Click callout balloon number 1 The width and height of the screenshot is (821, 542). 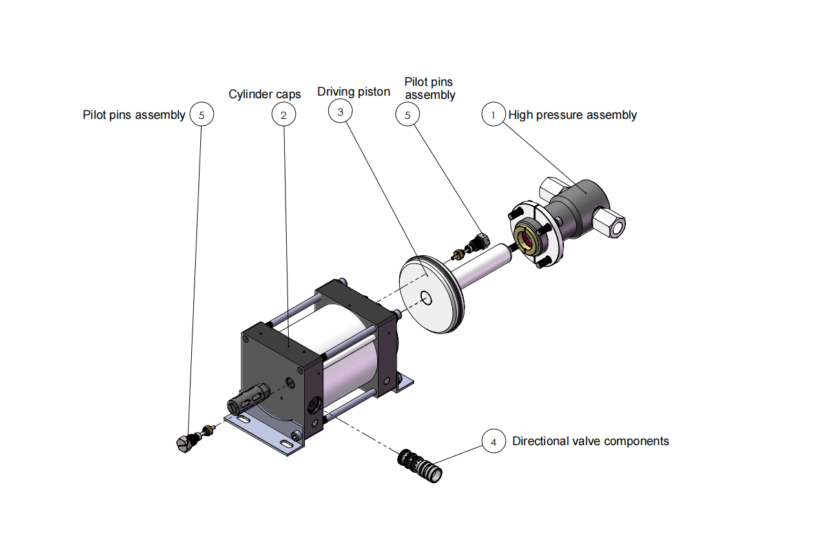[x=494, y=114]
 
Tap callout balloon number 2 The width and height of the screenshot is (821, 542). [x=284, y=114]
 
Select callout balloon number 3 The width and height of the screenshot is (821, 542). [x=340, y=111]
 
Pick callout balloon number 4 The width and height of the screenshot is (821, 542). [x=494, y=441]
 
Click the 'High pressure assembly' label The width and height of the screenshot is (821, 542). [x=572, y=115]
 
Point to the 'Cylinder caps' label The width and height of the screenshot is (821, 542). [x=265, y=94]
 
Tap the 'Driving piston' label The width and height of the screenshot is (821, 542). [x=354, y=92]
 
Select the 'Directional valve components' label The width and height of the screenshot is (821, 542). [x=590, y=441]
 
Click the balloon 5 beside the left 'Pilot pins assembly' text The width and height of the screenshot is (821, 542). [x=202, y=114]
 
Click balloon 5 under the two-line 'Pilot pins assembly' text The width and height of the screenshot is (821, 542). [x=407, y=114]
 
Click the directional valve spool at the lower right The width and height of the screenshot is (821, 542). [x=420, y=466]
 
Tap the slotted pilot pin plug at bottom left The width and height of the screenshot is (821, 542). [x=185, y=443]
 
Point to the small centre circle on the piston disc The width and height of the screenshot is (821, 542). [x=426, y=298]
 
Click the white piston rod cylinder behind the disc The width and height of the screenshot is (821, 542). [x=480, y=267]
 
